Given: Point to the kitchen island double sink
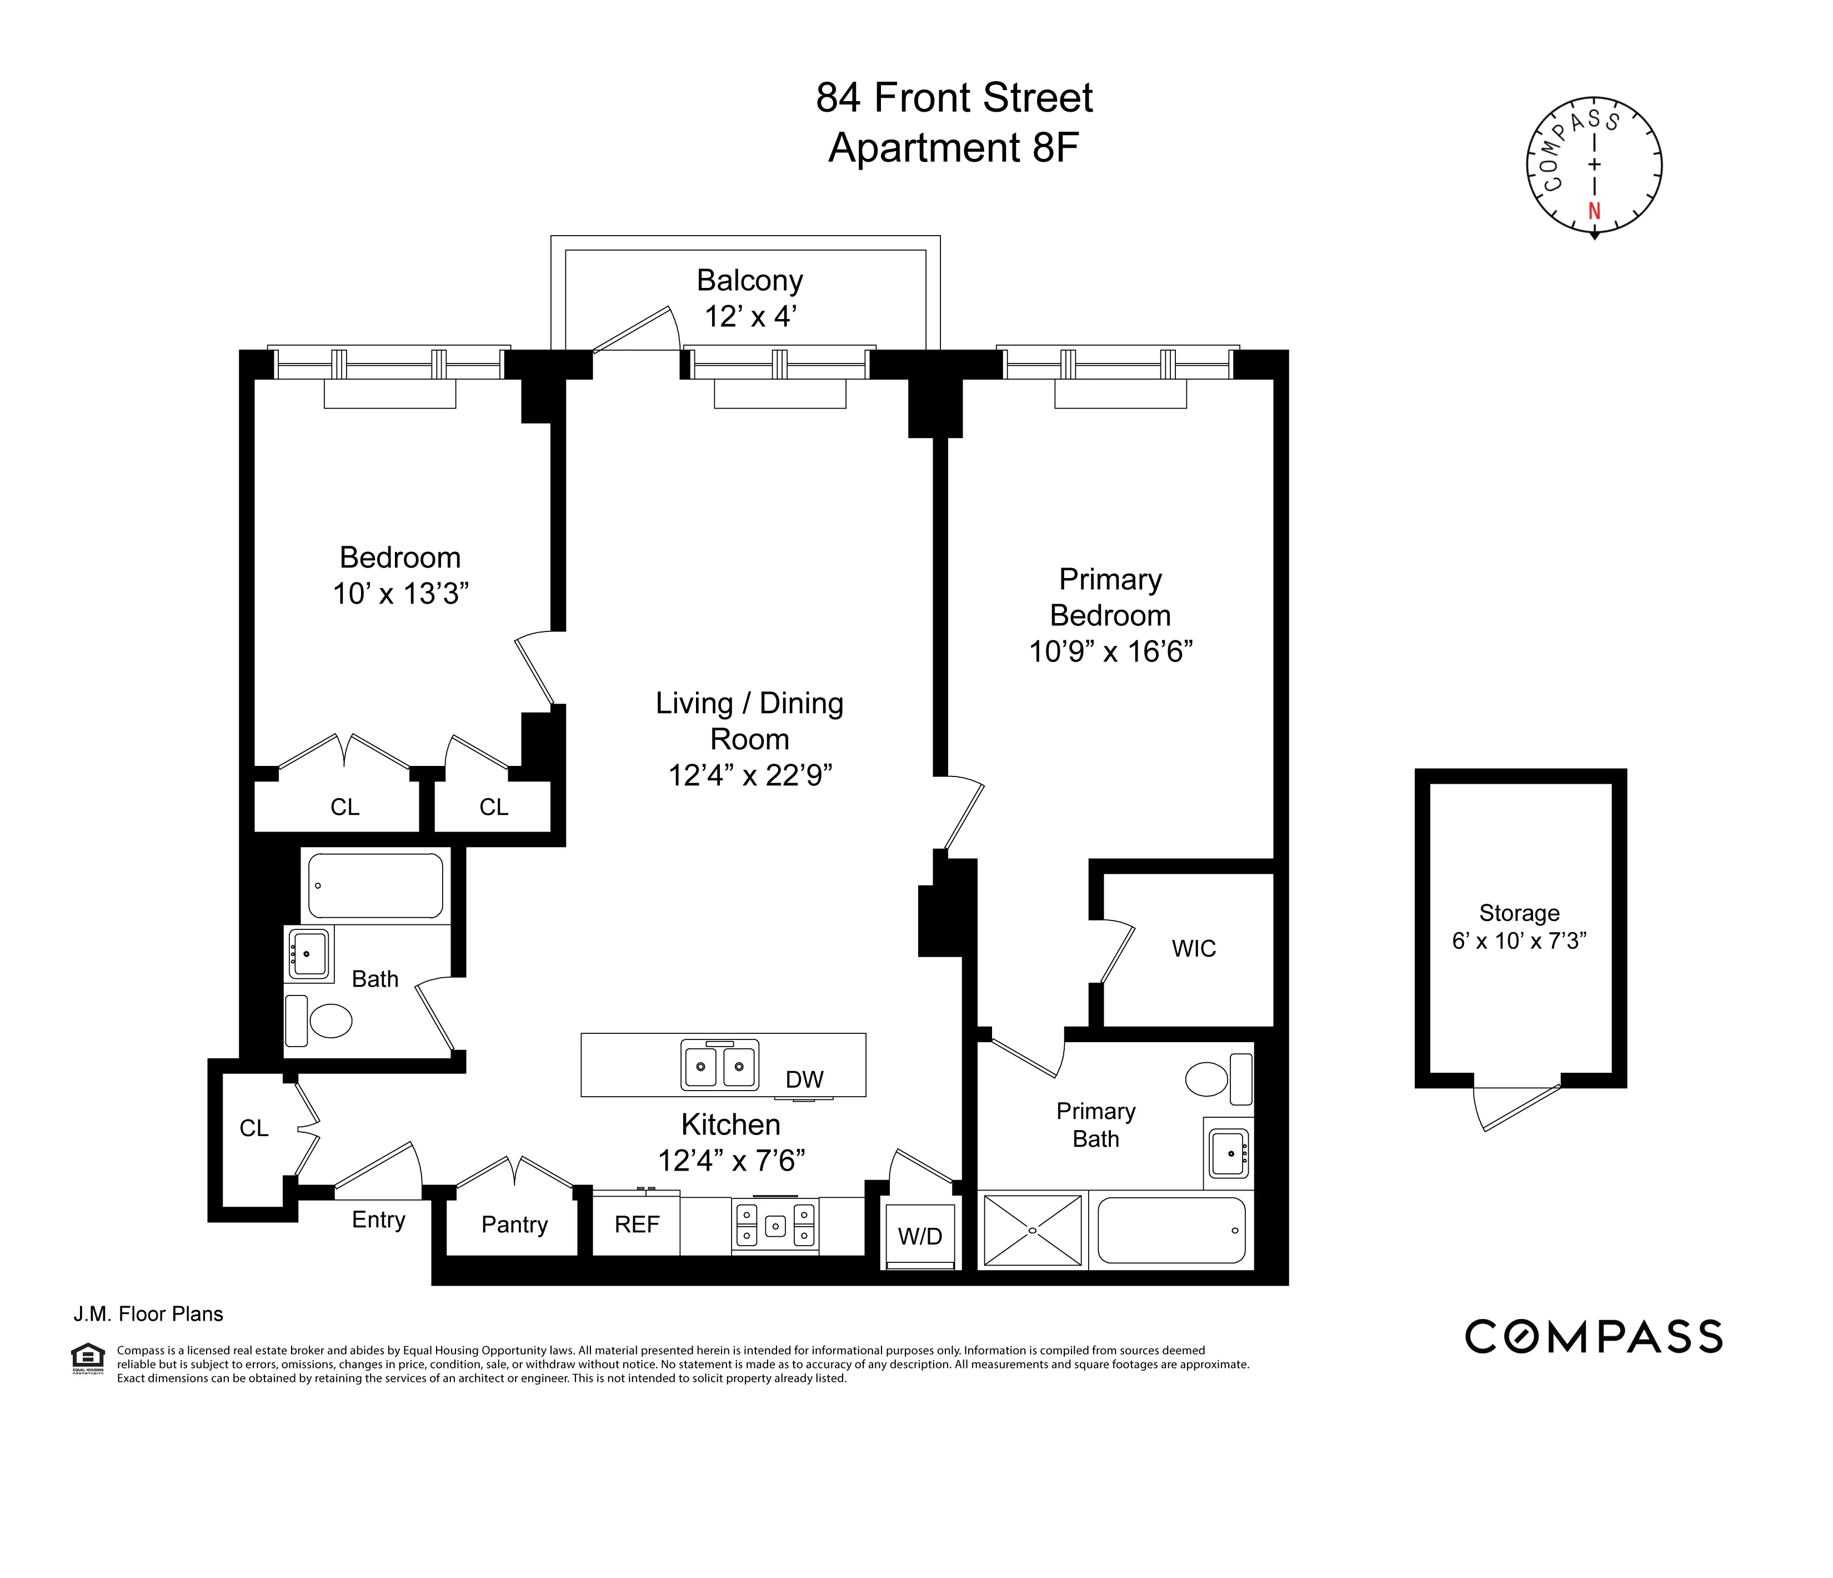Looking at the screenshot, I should (x=720, y=1064).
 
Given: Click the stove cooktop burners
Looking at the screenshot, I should (x=775, y=1225).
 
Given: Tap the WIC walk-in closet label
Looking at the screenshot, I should (x=1194, y=949).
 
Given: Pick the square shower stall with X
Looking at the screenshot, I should (x=1033, y=1230).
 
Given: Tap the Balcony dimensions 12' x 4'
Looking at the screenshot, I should (x=750, y=316).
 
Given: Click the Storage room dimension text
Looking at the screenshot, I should (x=1519, y=941).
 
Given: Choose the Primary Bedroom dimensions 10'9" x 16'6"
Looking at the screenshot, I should (x=1110, y=652).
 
